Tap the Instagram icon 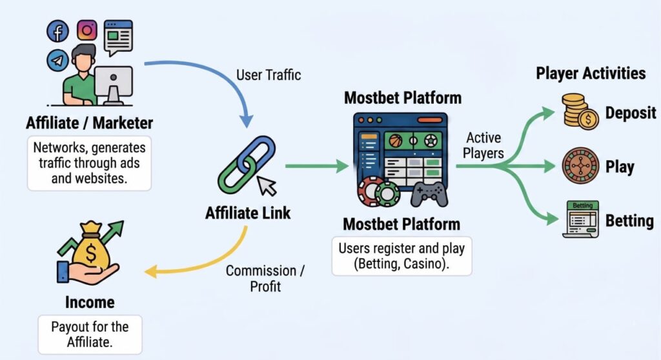coord(87,30)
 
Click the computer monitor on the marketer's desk coord(114,82)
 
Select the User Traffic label coord(269,75)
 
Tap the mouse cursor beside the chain coord(267,186)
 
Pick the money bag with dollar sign coord(90,248)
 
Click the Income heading coord(90,302)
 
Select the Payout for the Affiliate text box coord(90,334)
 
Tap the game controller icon coord(429,194)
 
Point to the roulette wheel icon coord(580,166)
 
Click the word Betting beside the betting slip coord(629,221)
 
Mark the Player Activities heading coord(591,73)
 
